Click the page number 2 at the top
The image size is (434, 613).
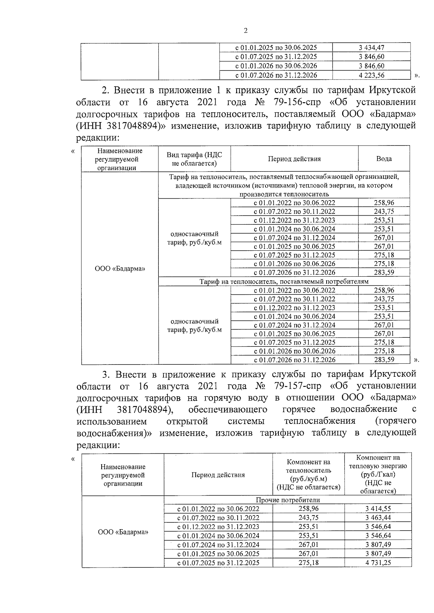[246, 31]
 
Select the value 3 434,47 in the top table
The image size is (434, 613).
[371, 47]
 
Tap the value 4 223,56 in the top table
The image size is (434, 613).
[371, 75]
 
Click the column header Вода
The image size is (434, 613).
[384, 159]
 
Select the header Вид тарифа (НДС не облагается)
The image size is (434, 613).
[194, 159]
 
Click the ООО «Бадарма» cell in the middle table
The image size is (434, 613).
[120, 269]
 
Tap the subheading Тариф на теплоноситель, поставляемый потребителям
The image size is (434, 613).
[284, 281]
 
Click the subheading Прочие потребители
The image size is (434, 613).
[288, 500]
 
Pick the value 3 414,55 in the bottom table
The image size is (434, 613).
[378, 509]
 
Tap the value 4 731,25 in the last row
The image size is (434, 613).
[378, 562]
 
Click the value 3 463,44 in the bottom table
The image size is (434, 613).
[378, 518]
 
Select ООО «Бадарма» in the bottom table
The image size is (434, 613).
[123, 532]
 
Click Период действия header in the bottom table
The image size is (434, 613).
[218, 475]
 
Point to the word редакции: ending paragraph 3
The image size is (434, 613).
[98, 445]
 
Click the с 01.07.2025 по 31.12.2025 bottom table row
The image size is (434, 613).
[218, 563]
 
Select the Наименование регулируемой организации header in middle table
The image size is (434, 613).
[120, 159]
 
